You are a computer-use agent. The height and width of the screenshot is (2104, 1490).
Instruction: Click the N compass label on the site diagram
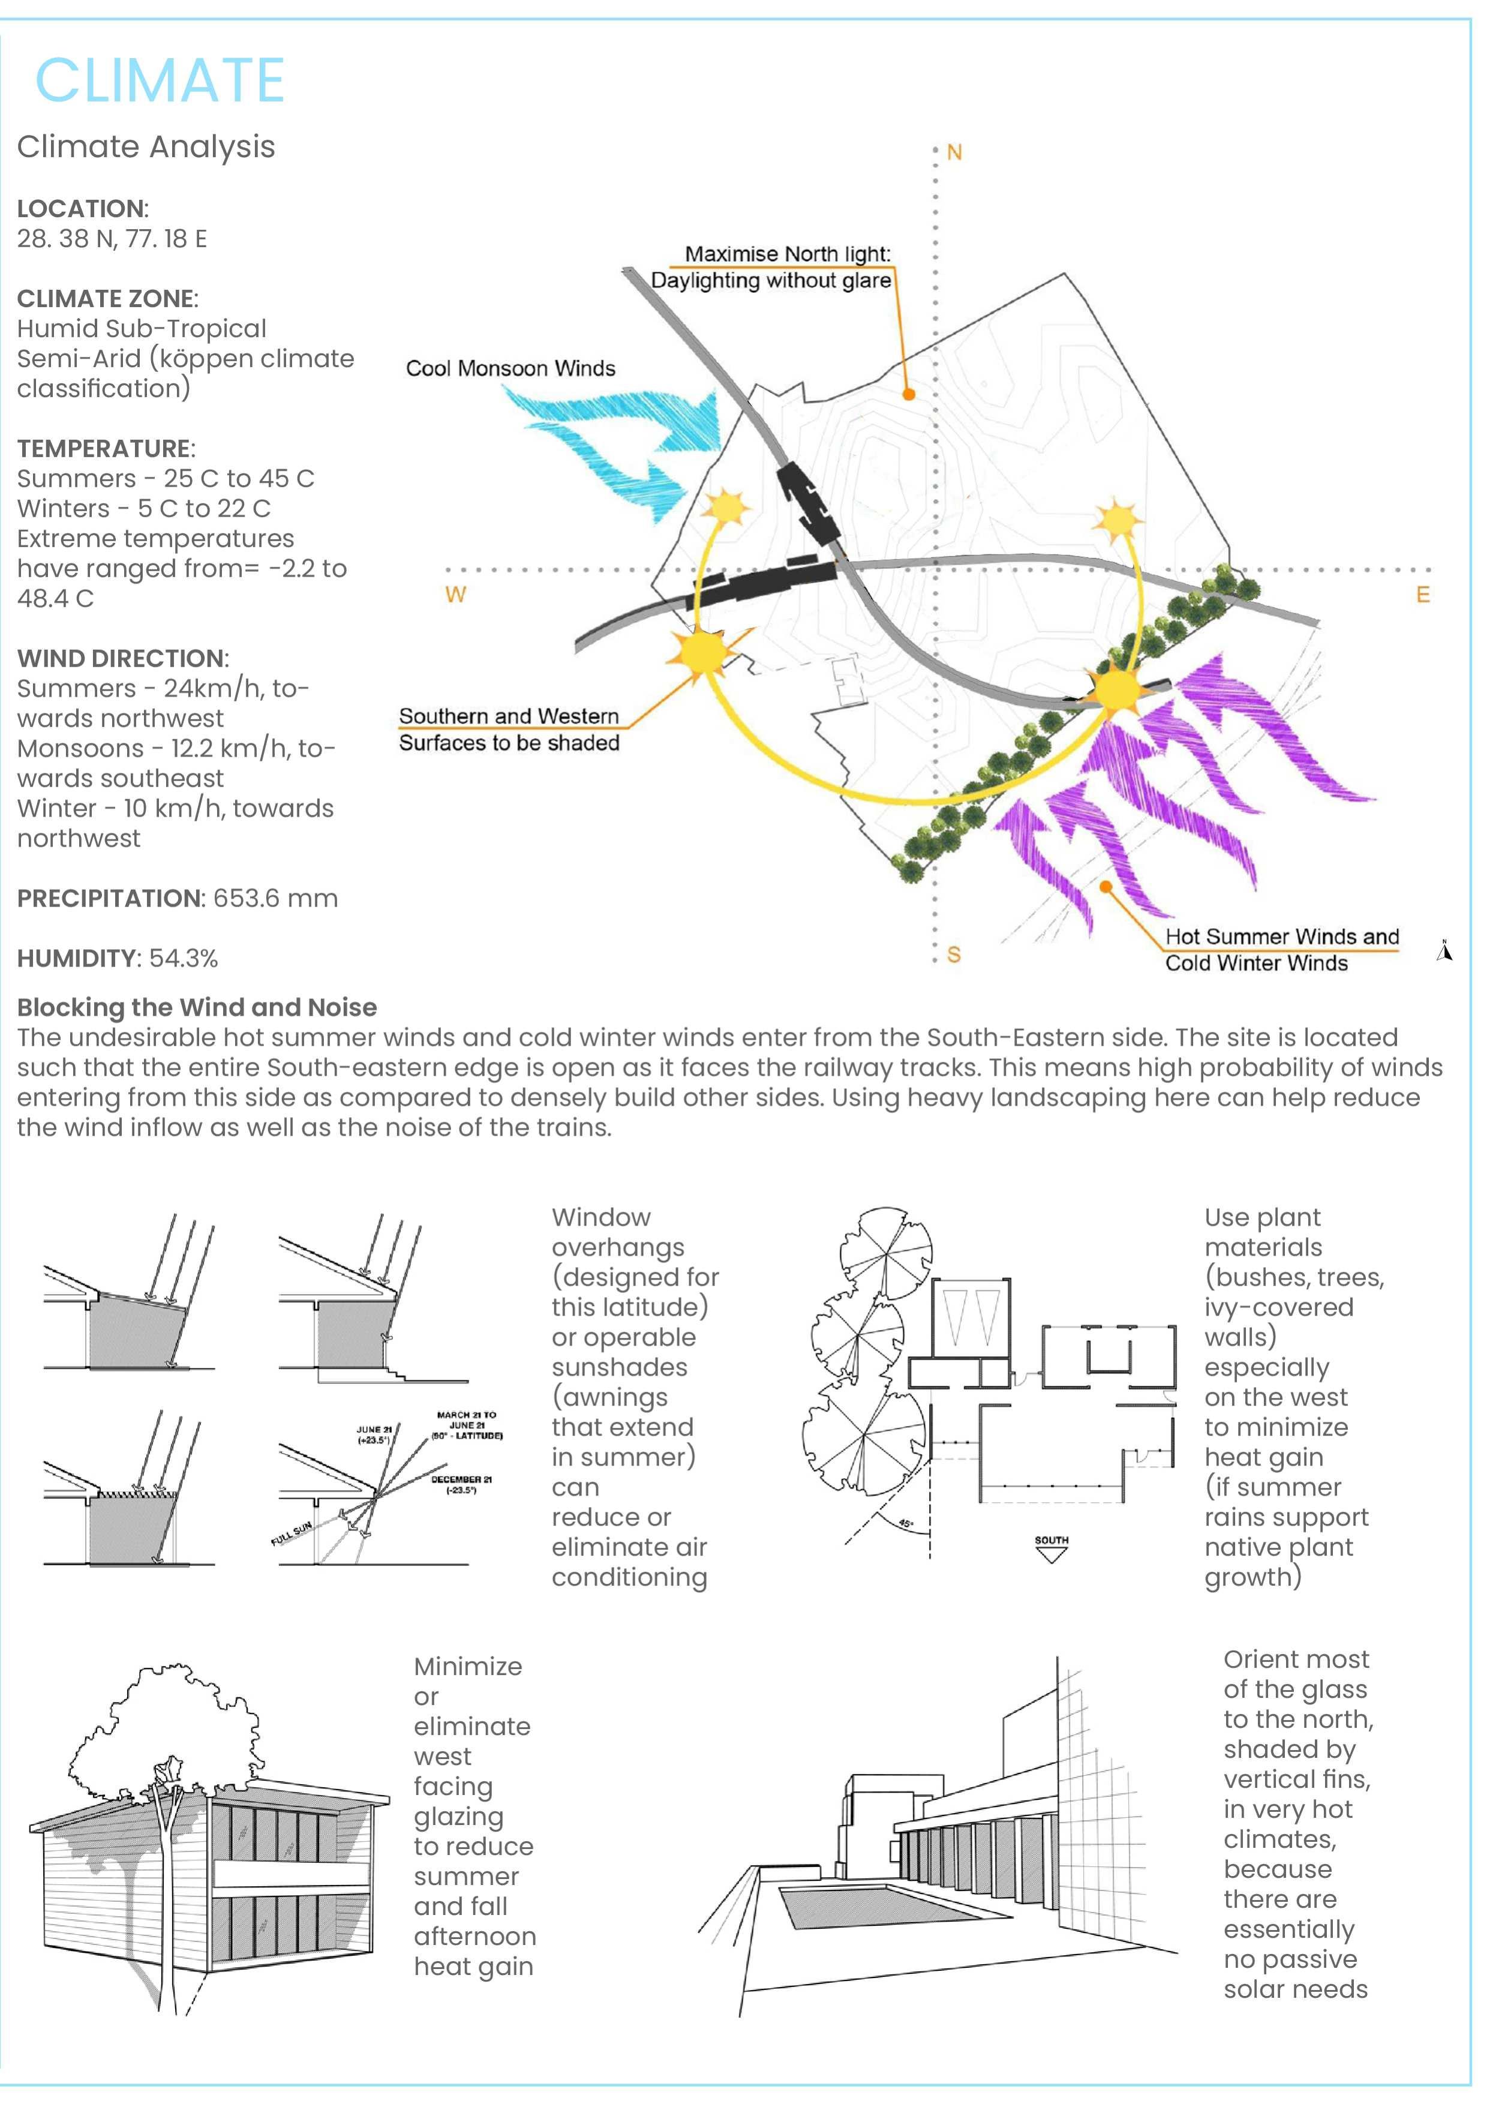[x=954, y=152]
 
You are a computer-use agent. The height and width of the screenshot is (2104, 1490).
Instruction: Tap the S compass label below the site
[x=954, y=955]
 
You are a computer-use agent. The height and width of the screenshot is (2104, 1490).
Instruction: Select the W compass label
[x=455, y=595]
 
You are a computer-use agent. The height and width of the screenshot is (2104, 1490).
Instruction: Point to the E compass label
[x=1423, y=595]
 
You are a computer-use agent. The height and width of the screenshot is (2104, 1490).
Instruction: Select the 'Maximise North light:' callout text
[x=787, y=254]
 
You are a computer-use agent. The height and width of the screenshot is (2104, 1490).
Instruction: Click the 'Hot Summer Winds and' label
[x=1282, y=937]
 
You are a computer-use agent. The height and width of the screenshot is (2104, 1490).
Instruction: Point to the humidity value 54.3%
[x=184, y=959]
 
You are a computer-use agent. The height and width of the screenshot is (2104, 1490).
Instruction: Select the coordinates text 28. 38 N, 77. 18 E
[x=112, y=239]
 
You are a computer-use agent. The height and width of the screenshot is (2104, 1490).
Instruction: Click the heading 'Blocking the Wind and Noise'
[x=196, y=1007]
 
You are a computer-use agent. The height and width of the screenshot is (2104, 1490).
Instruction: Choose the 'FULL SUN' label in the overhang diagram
[x=292, y=1534]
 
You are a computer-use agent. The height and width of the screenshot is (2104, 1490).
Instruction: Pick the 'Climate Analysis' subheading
[x=146, y=147]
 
